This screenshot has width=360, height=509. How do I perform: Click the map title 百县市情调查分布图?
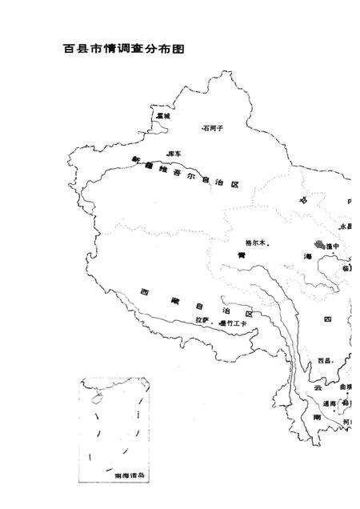pos(124,49)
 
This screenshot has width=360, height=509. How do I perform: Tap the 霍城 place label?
pos(163,117)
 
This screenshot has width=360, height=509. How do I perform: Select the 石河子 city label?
pos(214,127)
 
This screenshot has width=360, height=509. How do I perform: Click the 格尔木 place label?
pos(256,242)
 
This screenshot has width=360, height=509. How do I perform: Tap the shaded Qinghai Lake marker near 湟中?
pos(320,245)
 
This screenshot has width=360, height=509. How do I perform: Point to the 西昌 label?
pos(324,361)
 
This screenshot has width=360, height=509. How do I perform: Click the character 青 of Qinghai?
pos(240,255)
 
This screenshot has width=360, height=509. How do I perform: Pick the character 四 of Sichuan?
pos(326,319)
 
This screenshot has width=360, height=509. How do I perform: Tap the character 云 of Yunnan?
pos(317,387)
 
